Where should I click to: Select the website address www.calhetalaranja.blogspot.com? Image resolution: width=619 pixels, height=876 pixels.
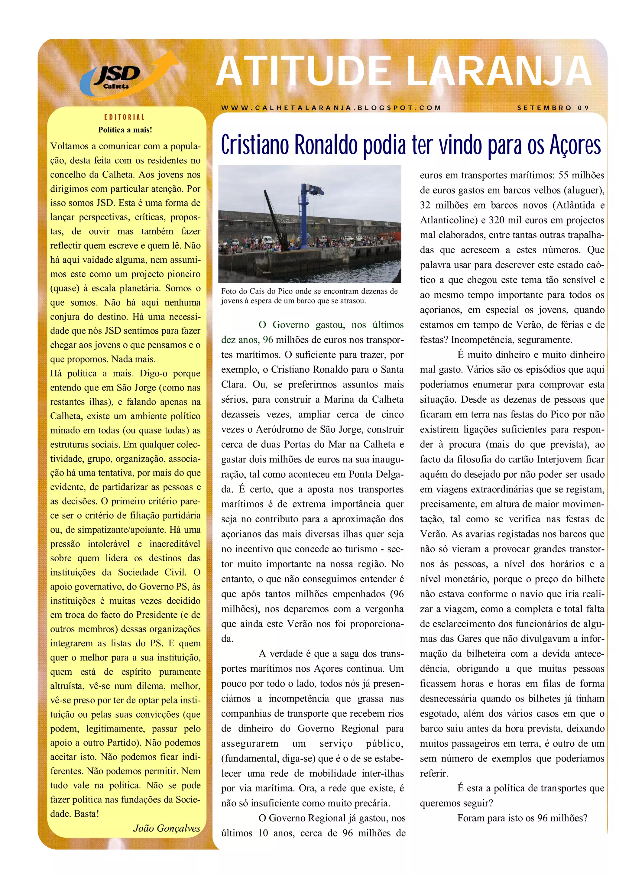(x=331, y=108)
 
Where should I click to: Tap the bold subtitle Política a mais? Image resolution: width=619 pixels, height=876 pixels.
(x=125, y=130)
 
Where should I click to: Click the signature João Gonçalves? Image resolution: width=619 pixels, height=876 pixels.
(x=167, y=828)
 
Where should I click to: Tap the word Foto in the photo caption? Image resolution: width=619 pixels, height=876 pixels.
(x=229, y=291)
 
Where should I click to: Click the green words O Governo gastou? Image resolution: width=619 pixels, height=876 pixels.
(x=301, y=325)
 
